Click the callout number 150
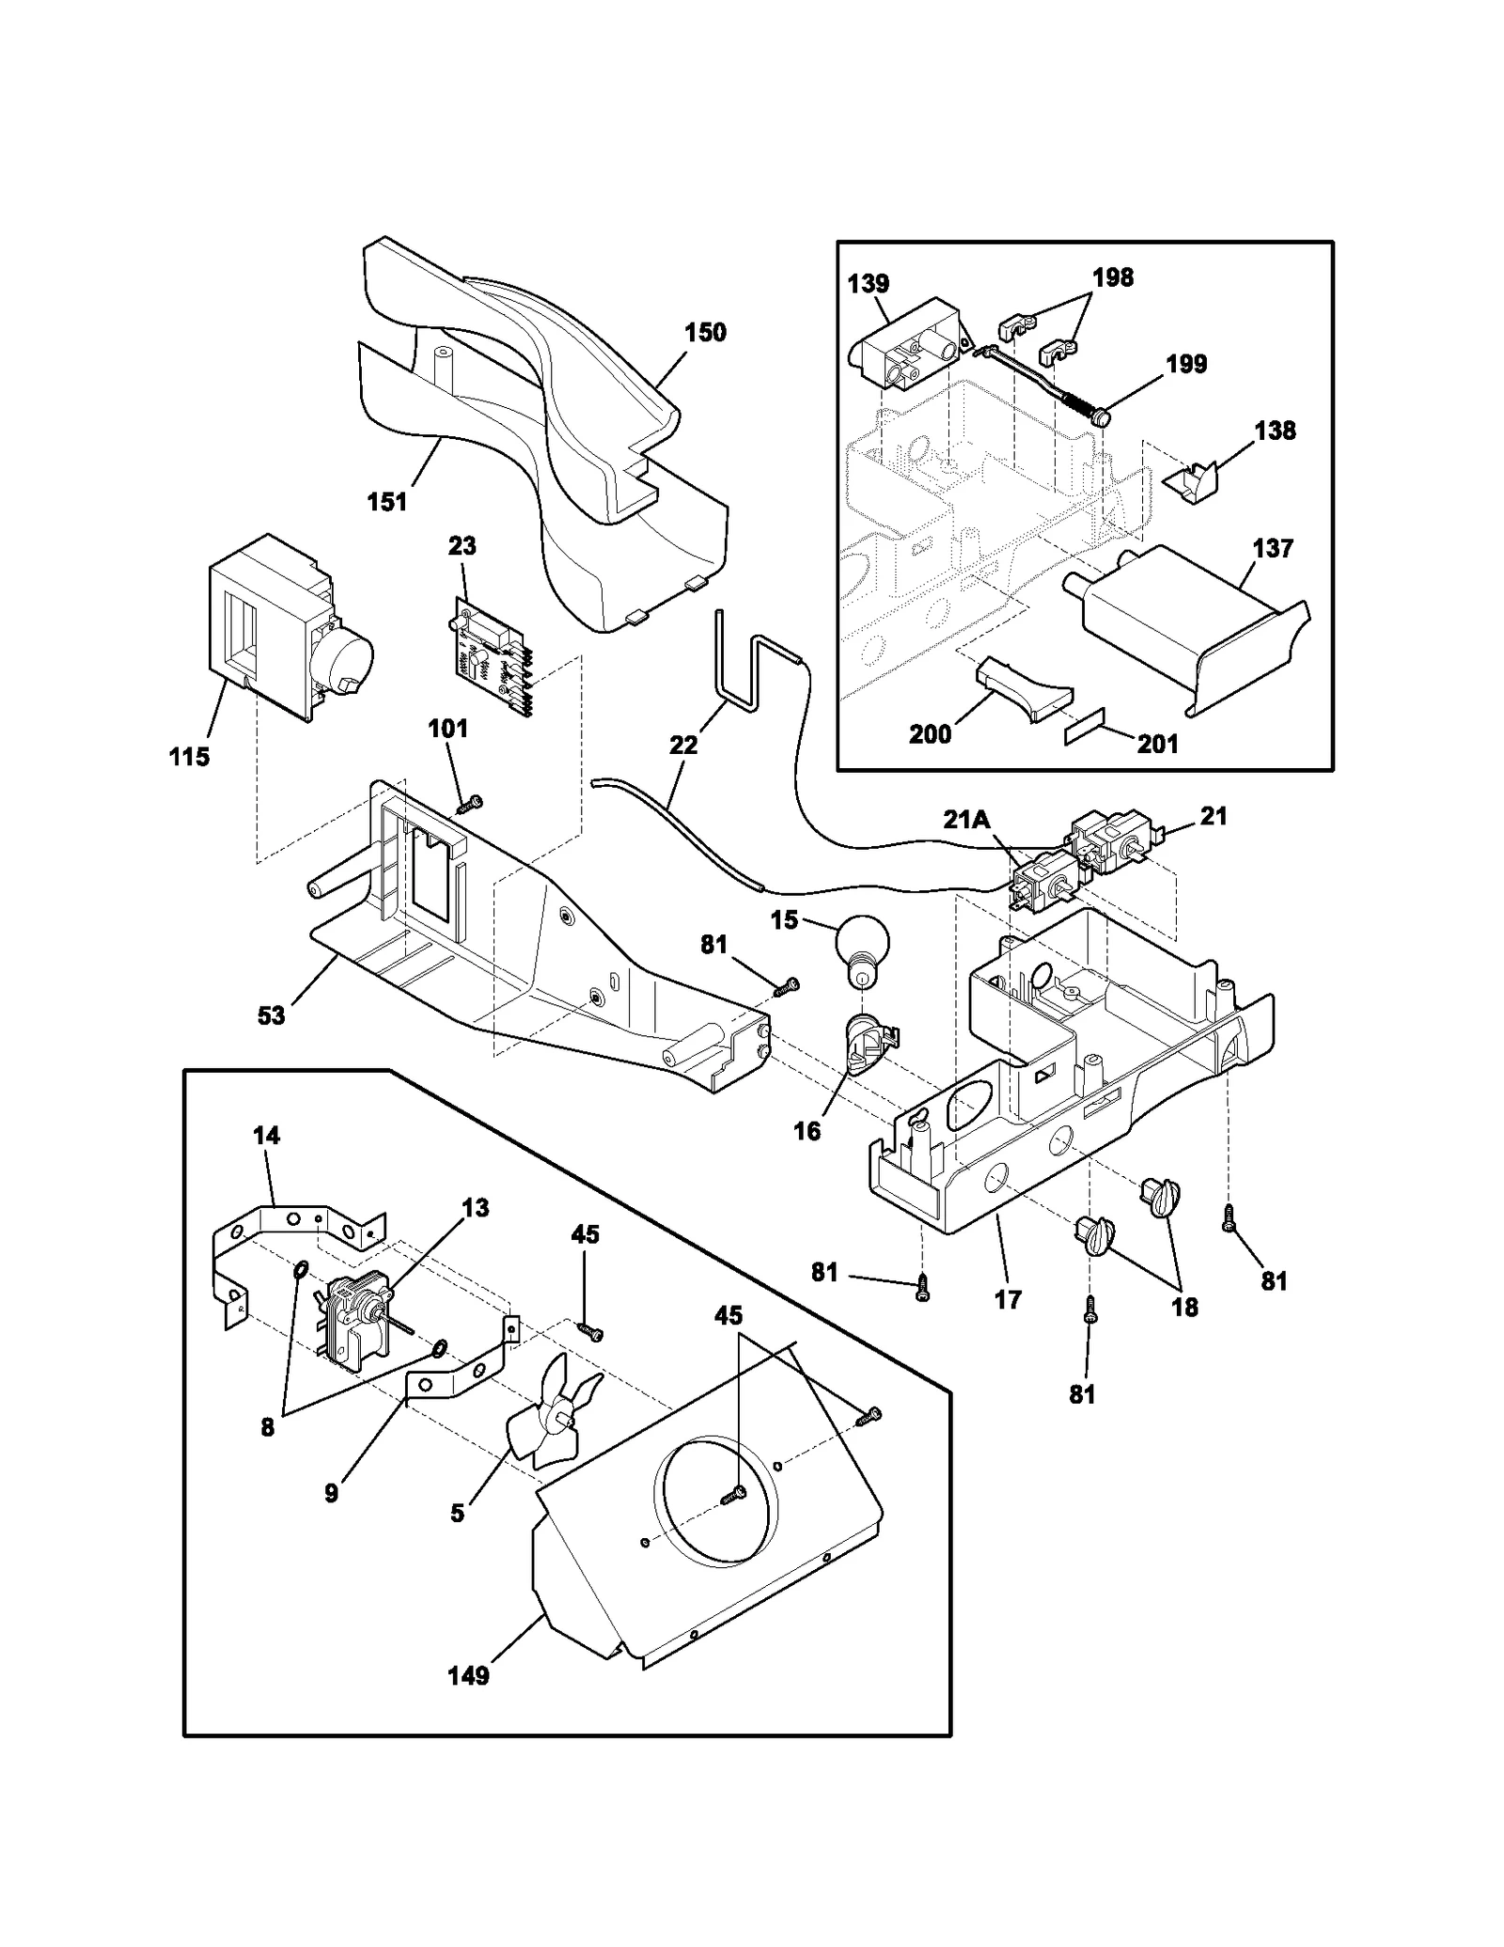[x=705, y=333]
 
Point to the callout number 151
[x=386, y=502]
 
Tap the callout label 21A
[x=967, y=820]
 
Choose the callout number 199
[x=1186, y=365]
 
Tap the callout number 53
[x=272, y=1016]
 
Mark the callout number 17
[x=1008, y=1300]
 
